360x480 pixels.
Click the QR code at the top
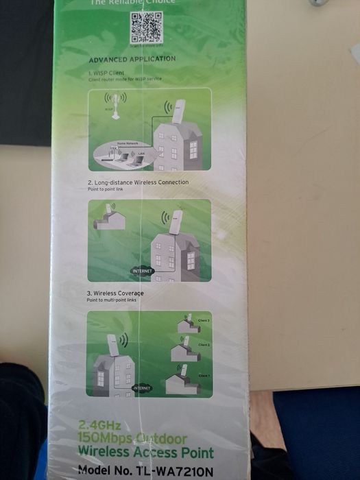(x=146, y=27)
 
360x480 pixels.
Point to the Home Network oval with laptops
(x=123, y=154)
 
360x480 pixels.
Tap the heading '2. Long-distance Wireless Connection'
(x=138, y=182)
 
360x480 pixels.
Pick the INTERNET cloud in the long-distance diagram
(x=142, y=271)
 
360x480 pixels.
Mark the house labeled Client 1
(x=182, y=382)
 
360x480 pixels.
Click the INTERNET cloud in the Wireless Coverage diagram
(x=142, y=388)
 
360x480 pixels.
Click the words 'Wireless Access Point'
(x=145, y=452)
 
